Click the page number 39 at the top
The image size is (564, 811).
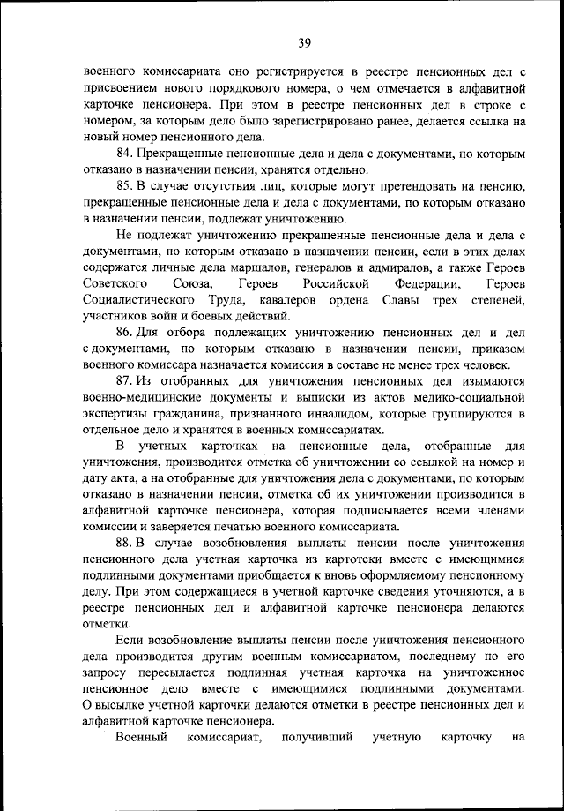[x=305, y=42]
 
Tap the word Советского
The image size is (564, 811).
[x=117, y=284]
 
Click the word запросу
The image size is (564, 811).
[x=108, y=673]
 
